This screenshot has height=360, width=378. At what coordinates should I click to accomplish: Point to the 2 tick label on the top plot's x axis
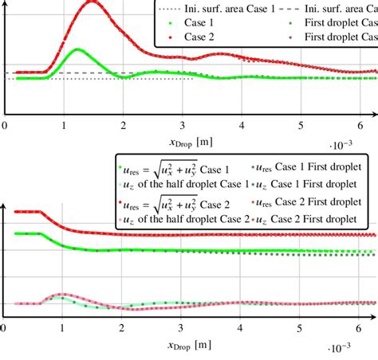pyautogui.click(x=123, y=124)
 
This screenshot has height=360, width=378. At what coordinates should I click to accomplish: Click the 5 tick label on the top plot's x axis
pyautogui.click(x=300, y=124)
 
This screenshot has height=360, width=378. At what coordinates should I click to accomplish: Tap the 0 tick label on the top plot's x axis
pyautogui.click(x=5, y=124)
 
